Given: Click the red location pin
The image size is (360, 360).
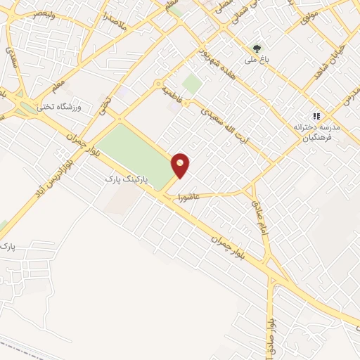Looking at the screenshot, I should (x=181, y=165).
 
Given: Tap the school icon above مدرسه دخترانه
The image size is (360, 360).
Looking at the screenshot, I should (x=316, y=116).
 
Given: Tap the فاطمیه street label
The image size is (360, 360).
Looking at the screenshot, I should (x=171, y=96).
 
